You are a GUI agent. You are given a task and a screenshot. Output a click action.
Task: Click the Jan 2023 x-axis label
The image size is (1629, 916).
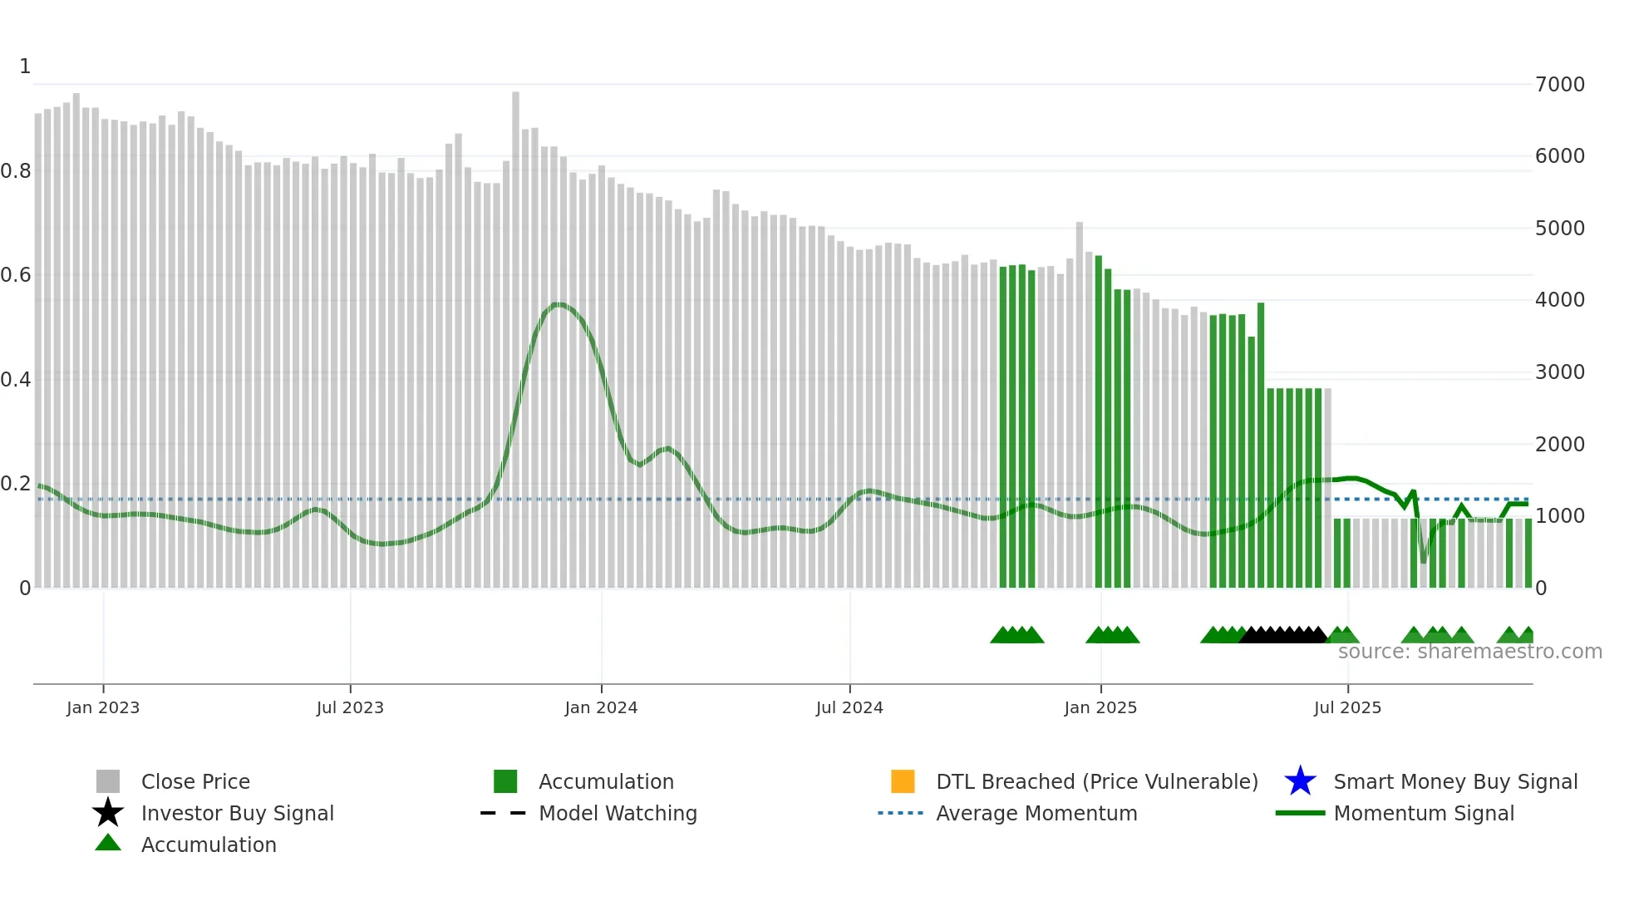click(x=103, y=708)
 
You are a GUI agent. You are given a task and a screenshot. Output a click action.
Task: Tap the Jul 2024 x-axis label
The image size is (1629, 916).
click(x=849, y=708)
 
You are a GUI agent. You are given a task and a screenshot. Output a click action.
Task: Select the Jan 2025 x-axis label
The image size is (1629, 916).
click(x=1100, y=708)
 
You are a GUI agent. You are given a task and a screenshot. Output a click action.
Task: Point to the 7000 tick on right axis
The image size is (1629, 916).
click(x=1560, y=85)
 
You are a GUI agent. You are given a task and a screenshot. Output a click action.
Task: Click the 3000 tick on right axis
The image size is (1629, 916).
click(x=1560, y=372)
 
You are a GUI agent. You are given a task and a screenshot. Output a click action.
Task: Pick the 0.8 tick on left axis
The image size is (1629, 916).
click(x=16, y=171)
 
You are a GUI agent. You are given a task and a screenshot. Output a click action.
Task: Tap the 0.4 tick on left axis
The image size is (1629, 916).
click(x=16, y=380)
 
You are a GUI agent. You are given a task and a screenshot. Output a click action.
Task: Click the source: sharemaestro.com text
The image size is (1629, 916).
click(x=1469, y=652)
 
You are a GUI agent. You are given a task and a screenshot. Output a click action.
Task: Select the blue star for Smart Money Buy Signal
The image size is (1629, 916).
click(x=1300, y=781)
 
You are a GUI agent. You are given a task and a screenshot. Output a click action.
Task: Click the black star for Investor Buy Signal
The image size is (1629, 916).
click(x=108, y=813)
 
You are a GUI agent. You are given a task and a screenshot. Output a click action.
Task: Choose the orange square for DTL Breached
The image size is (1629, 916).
click(x=903, y=781)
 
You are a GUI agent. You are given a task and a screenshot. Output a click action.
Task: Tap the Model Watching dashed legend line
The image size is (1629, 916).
click(x=504, y=813)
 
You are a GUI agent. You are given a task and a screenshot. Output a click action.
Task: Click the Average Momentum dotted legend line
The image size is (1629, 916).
click(x=901, y=813)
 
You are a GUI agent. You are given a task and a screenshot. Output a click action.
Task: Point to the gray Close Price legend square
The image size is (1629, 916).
click(x=108, y=781)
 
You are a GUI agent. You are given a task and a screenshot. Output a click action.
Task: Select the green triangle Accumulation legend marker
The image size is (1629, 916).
click(x=108, y=843)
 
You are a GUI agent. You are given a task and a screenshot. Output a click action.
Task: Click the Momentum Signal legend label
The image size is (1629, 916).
click(x=1424, y=813)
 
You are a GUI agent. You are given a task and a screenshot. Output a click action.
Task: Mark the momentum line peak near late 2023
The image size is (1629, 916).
click(x=559, y=304)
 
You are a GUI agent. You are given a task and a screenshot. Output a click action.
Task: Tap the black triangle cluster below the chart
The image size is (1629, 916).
click(x=1283, y=636)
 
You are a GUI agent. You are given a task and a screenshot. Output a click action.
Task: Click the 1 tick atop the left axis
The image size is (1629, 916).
click(x=25, y=66)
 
